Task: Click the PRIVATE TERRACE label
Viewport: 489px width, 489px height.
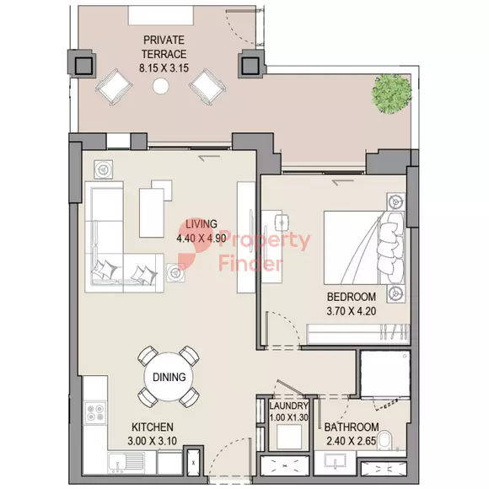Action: (164, 47)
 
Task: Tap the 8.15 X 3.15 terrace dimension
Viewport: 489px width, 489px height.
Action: (164, 68)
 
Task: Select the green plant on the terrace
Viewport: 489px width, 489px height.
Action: (391, 94)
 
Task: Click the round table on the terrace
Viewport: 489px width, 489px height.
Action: (161, 86)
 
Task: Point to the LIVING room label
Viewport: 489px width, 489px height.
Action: (202, 224)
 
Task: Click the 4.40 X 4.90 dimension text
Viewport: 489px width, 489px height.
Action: (202, 239)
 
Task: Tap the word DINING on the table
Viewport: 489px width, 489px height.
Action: (169, 377)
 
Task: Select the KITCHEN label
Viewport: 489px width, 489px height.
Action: (153, 427)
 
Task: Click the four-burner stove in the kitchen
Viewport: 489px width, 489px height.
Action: (95, 413)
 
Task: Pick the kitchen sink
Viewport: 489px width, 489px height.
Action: (126, 464)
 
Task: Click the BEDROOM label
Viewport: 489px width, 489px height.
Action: (352, 297)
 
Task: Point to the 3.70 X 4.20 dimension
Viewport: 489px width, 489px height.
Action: (352, 311)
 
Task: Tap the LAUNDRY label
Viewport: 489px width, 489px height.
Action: (289, 406)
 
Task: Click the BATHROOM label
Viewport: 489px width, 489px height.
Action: (352, 427)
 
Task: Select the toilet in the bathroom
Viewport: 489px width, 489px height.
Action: (385, 440)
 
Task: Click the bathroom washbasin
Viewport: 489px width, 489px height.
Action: (335, 461)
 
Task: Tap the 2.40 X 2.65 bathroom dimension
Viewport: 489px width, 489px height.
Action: (352, 441)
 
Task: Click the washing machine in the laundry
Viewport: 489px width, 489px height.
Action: (289, 437)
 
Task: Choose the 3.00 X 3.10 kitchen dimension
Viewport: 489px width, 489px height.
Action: (153, 441)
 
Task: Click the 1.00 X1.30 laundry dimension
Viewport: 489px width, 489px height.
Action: (289, 417)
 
